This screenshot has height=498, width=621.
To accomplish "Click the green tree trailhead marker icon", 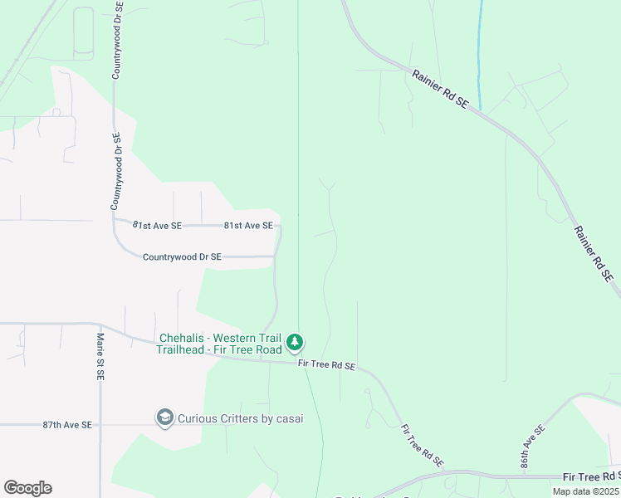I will (294, 342).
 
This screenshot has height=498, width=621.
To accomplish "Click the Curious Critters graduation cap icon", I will (164, 417).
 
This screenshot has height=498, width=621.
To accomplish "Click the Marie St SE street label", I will (100, 357).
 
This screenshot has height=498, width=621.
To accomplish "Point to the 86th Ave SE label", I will (532, 447).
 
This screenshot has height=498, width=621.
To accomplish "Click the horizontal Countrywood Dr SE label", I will (182, 257).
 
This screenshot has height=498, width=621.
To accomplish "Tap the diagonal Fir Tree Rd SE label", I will (422, 446).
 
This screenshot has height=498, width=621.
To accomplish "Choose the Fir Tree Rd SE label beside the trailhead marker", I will (326, 365).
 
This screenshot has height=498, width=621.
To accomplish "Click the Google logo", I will (27, 488).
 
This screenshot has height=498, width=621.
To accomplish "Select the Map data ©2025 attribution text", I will (585, 491).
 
